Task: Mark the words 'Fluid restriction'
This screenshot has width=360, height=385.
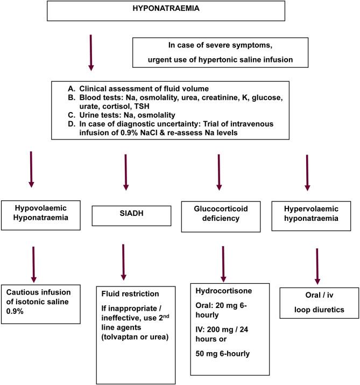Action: click(130, 295)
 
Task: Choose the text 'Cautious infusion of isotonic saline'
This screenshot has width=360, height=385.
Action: click(38, 296)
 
